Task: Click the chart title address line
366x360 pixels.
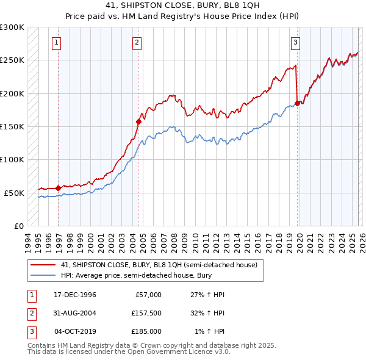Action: [183, 6]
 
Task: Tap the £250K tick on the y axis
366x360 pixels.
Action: [12, 60]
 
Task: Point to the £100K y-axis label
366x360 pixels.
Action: [12, 159]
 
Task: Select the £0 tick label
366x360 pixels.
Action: [19, 226]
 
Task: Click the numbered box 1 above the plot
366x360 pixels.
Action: [56, 43]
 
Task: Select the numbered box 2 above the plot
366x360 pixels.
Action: [137, 43]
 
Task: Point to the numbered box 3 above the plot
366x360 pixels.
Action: [295, 43]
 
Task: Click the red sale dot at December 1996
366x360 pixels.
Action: [59, 188]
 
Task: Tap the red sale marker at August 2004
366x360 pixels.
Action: [139, 121]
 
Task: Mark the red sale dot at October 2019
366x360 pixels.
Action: [298, 103]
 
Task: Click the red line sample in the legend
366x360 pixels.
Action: [43, 265]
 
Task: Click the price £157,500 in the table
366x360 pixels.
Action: [146, 313]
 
